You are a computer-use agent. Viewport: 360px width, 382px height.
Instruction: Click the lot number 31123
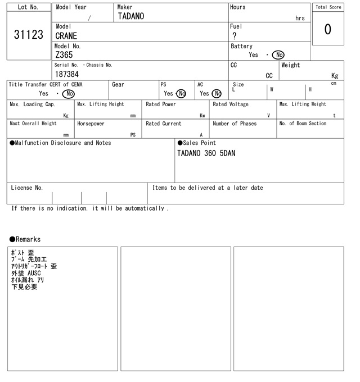click(28, 35)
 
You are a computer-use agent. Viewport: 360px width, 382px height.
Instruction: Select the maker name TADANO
click(130, 16)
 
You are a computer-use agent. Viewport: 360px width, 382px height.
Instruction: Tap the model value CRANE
click(66, 36)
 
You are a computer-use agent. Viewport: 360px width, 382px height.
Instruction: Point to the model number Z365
click(64, 55)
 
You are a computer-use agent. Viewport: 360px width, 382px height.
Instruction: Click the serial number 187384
click(67, 74)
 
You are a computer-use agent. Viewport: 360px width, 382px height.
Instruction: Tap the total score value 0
click(327, 29)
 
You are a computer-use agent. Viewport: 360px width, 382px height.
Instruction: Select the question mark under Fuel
click(234, 36)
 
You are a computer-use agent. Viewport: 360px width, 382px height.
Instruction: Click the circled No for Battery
click(278, 55)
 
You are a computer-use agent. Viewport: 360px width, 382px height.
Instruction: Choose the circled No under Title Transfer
click(68, 94)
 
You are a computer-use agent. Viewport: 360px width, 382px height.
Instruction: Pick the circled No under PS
click(181, 94)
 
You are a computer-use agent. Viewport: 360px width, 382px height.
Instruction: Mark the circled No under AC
click(217, 94)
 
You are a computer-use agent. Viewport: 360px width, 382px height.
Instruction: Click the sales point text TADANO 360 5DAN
click(206, 153)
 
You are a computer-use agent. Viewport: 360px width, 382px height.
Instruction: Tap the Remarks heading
click(25, 239)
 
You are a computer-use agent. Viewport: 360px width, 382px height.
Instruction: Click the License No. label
click(26, 188)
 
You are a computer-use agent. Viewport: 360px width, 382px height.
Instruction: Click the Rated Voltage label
click(231, 104)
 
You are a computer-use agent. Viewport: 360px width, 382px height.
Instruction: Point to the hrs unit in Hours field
click(300, 18)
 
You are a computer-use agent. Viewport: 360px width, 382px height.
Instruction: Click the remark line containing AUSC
click(26, 274)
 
